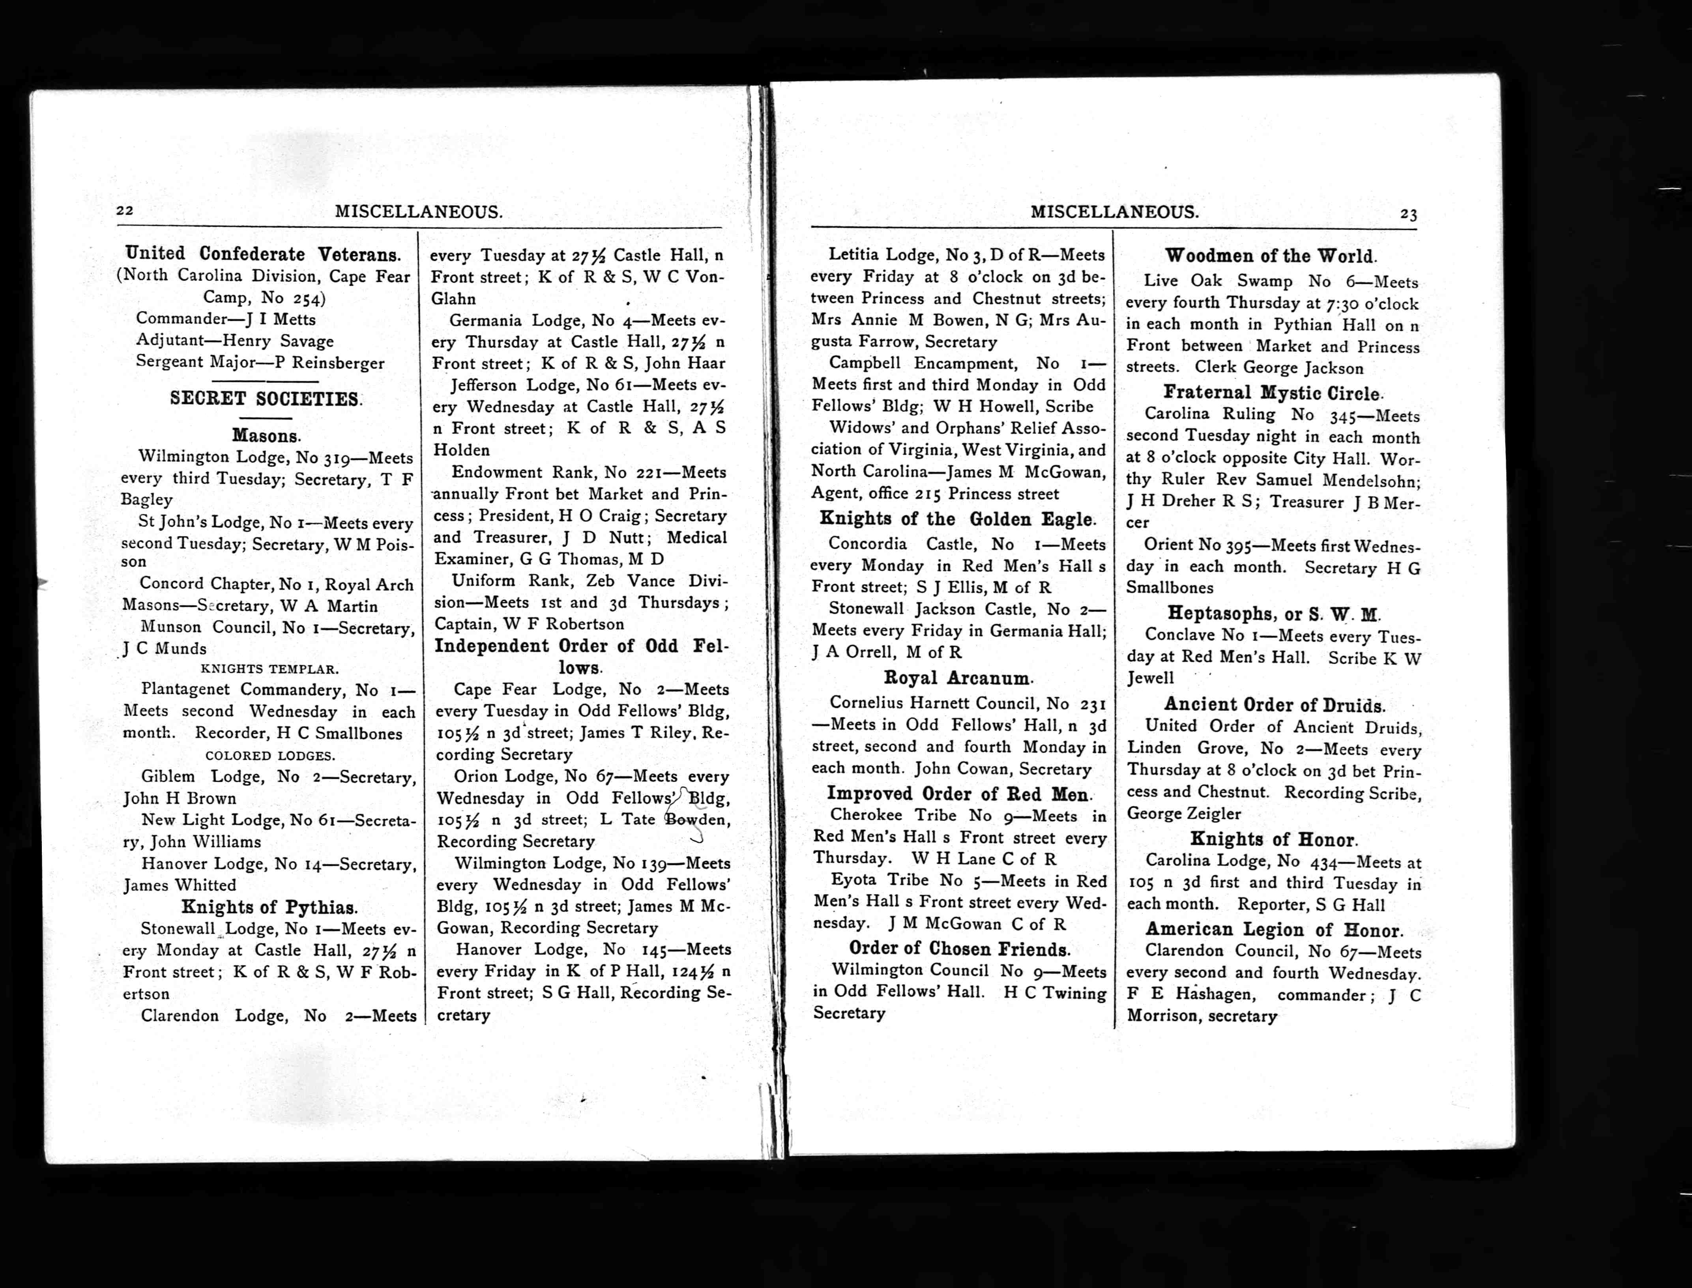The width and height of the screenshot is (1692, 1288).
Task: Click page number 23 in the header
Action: (1408, 215)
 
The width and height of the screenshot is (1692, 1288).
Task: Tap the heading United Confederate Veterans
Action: (263, 254)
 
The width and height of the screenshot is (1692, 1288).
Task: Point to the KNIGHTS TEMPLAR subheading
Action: (269, 668)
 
